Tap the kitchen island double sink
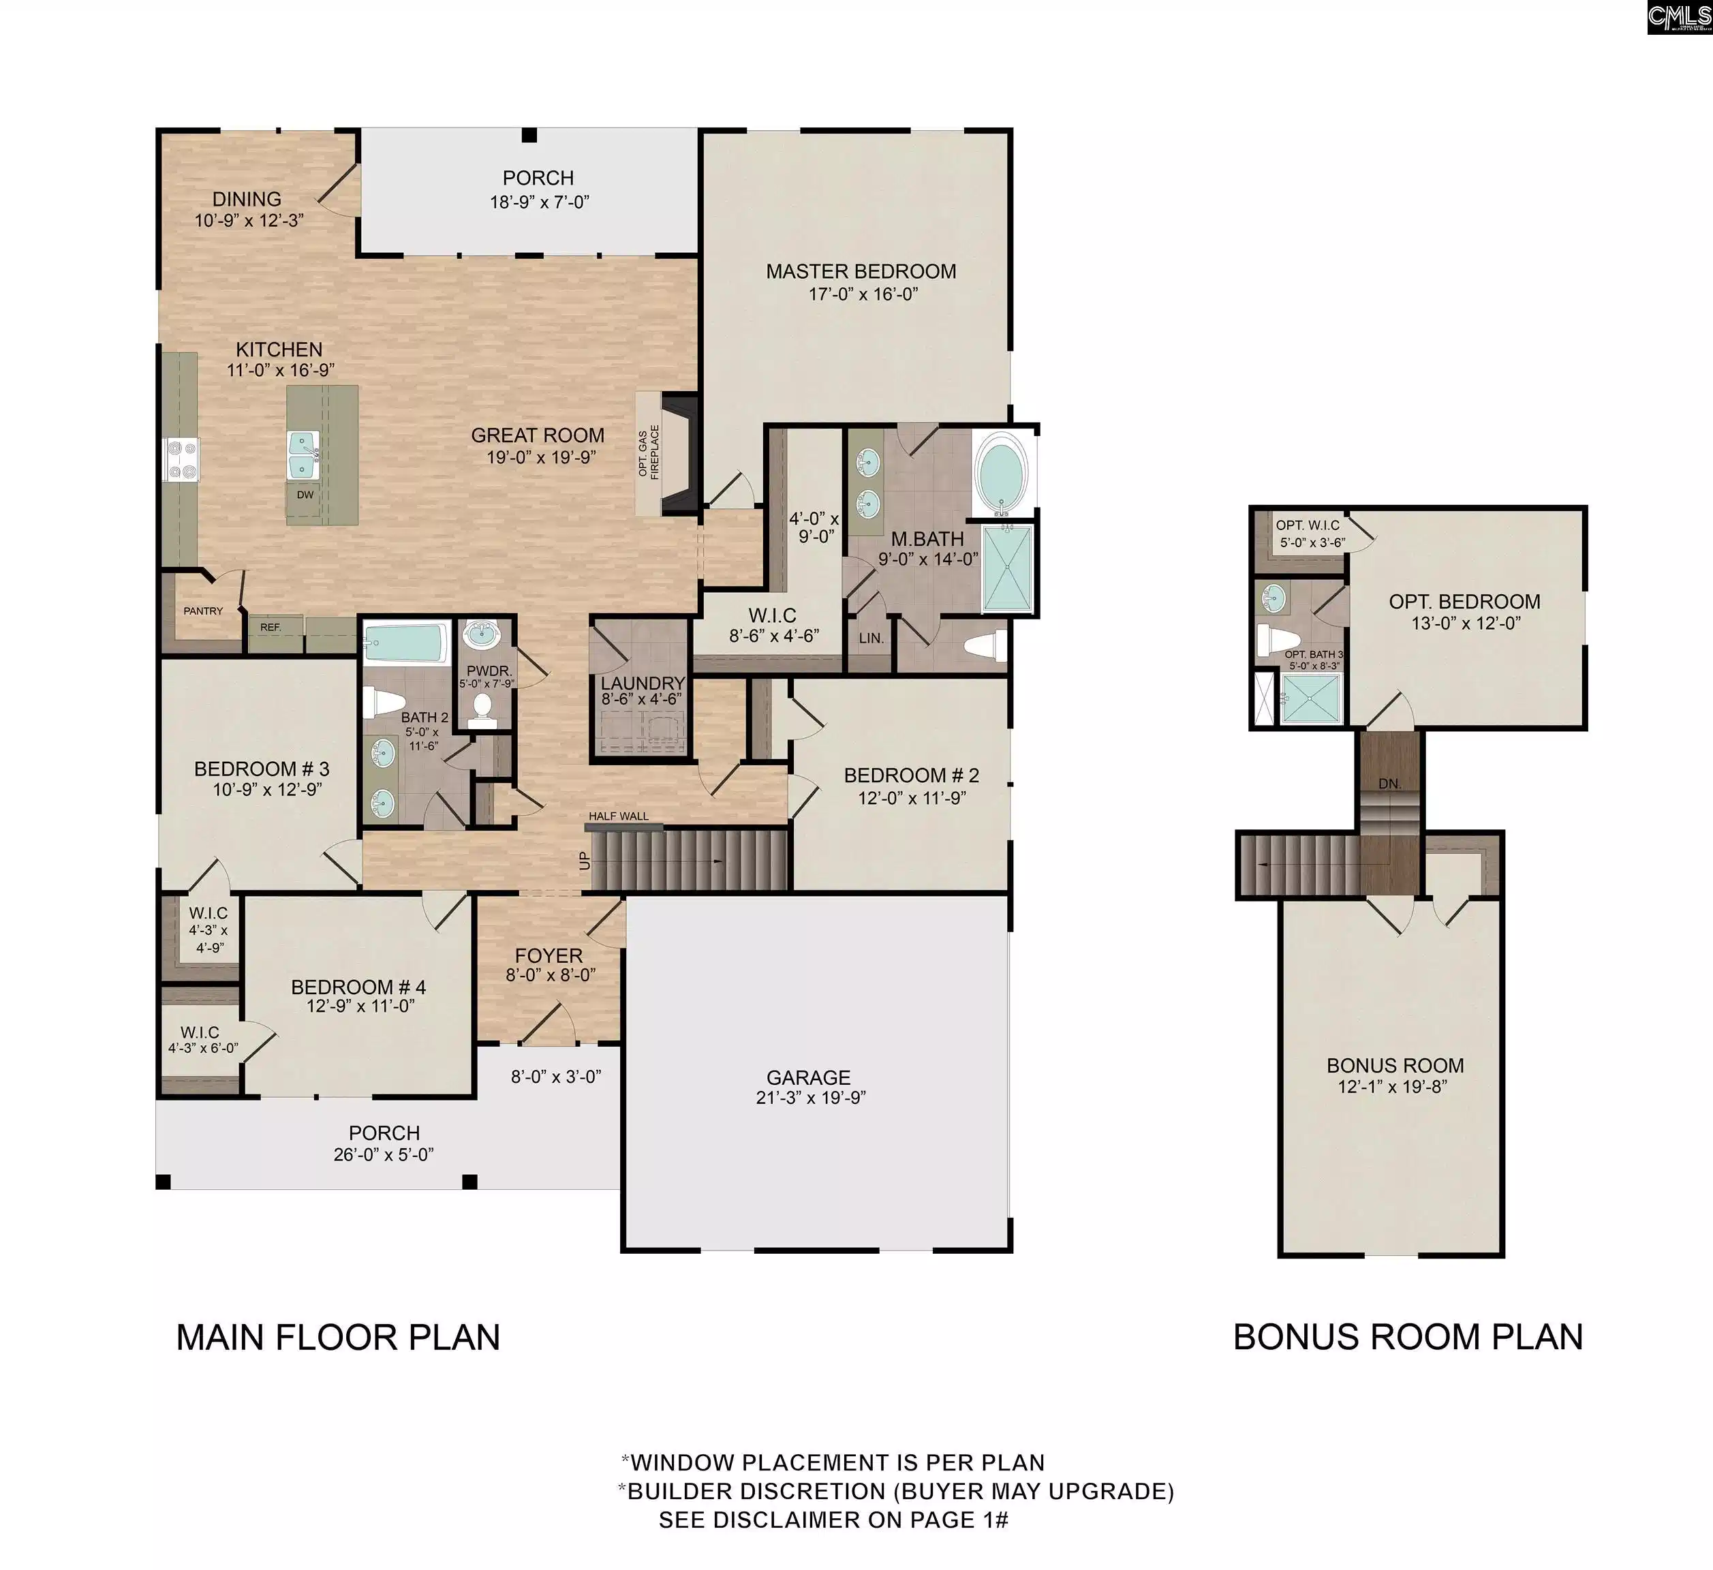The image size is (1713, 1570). pyautogui.click(x=303, y=455)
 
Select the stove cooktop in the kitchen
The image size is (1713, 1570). pyautogui.click(x=180, y=459)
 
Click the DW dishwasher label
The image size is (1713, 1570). pyautogui.click(x=305, y=495)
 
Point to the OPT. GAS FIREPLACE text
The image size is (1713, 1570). pyautogui.click(x=649, y=451)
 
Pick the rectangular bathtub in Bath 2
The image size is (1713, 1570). pyautogui.click(x=405, y=643)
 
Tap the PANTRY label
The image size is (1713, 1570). pyautogui.click(x=203, y=611)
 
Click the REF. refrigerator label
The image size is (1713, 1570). pyautogui.click(x=271, y=627)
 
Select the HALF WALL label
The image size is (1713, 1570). pyautogui.click(x=619, y=816)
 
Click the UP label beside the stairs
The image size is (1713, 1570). pyautogui.click(x=585, y=861)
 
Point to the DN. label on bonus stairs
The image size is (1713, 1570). pyautogui.click(x=1389, y=784)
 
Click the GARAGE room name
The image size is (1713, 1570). pyautogui.click(x=808, y=1077)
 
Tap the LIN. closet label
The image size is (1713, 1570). pyautogui.click(x=871, y=638)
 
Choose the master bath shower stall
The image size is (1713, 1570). pyautogui.click(x=1008, y=568)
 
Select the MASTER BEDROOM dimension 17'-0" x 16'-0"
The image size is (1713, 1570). pyautogui.click(x=863, y=294)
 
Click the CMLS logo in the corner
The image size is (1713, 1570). pyautogui.click(x=1678, y=17)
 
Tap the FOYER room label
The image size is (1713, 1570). pyautogui.click(x=548, y=956)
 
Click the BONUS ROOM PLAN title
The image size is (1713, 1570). pyautogui.click(x=1408, y=1337)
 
